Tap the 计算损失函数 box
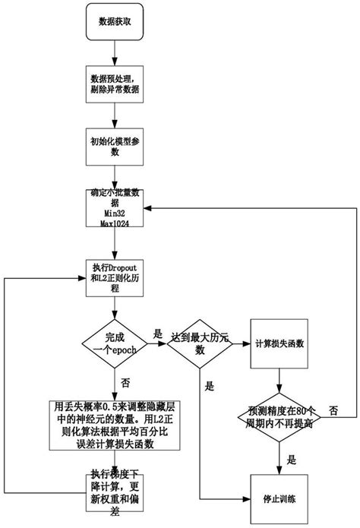click(281, 343)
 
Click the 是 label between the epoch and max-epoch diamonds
click(158, 334)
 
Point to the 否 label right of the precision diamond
click(333, 411)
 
